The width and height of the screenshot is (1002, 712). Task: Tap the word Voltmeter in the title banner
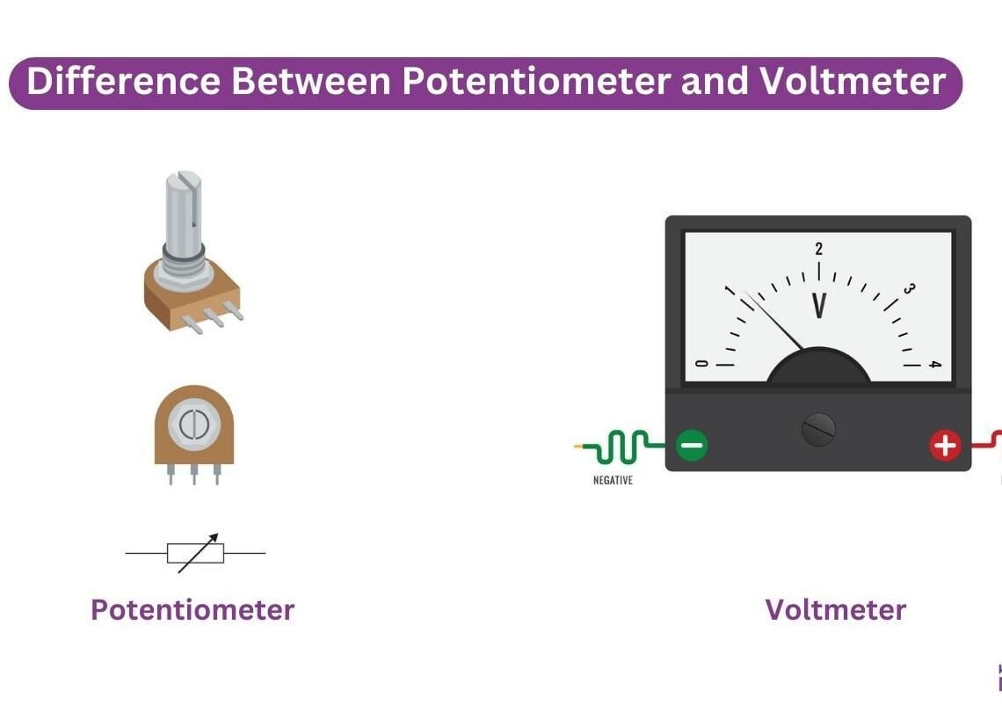click(x=852, y=82)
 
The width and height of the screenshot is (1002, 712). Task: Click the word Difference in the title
click(x=124, y=82)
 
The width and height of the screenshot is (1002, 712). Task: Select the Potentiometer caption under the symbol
click(x=192, y=609)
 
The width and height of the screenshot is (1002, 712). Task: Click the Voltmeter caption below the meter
click(x=835, y=609)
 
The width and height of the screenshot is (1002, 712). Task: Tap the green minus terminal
click(x=692, y=447)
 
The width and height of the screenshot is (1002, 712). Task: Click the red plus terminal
click(x=945, y=447)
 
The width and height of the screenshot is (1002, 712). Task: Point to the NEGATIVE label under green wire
click(x=613, y=481)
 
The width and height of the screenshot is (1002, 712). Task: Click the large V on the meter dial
click(x=819, y=306)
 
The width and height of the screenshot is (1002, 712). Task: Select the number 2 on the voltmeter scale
click(x=819, y=249)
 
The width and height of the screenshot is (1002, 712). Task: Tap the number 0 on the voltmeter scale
click(x=701, y=364)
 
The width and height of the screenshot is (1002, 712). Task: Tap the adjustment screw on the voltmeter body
click(x=818, y=430)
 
